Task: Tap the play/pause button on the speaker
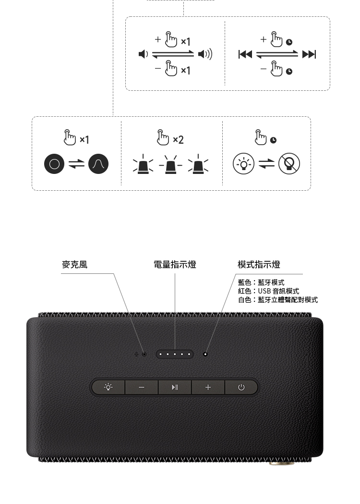(x=175, y=387)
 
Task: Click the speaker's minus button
(x=141, y=387)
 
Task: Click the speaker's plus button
(x=208, y=387)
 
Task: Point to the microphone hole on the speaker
(x=144, y=354)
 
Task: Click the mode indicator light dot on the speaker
(x=205, y=354)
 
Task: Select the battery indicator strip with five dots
(x=175, y=354)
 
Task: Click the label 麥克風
(x=74, y=265)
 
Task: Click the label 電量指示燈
(x=175, y=265)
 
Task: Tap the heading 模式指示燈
(x=259, y=265)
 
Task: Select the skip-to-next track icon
(x=309, y=54)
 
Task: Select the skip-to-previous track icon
(x=245, y=54)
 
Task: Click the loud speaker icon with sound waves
(x=205, y=54)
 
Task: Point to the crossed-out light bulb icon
(x=289, y=164)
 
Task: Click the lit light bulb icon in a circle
(x=243, y=164)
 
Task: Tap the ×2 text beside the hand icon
(x=178, y=139)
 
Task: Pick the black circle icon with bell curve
(x=98, y=164)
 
